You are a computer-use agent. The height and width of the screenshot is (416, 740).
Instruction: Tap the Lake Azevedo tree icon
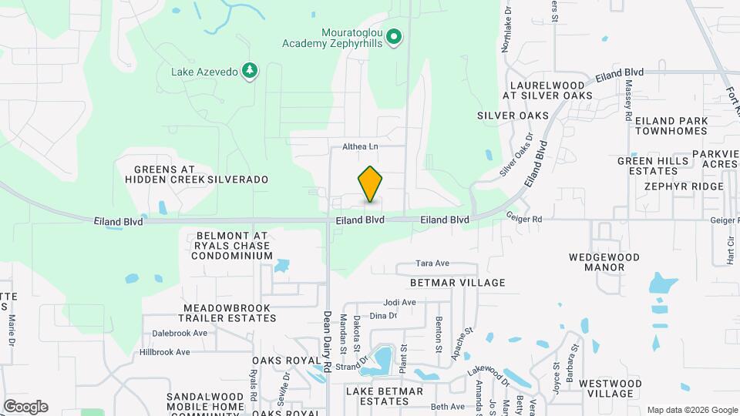250,72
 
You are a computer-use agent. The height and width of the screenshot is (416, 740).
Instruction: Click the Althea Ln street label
361,146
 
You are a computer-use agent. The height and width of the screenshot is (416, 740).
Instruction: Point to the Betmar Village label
458,283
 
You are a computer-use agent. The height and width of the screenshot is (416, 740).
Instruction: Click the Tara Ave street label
432,263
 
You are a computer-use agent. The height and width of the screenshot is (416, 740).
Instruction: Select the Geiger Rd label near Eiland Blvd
524,220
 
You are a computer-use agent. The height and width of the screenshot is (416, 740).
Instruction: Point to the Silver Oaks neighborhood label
513,116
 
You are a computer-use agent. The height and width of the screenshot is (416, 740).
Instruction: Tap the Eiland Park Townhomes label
667,126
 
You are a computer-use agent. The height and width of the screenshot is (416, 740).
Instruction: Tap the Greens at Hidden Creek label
163,174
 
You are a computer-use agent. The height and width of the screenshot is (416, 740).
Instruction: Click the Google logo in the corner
25,406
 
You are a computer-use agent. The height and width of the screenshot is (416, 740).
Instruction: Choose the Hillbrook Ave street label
160,352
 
